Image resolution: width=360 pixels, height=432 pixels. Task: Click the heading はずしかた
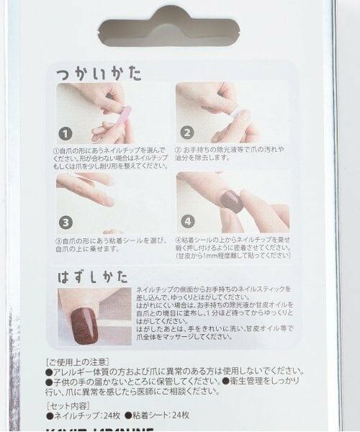pos(96,276)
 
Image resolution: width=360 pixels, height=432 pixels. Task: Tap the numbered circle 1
pos(66,134)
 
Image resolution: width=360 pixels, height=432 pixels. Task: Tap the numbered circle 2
pos(186,132)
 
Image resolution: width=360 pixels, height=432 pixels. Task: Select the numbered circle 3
pos(66,222)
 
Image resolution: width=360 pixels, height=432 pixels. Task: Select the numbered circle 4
pos(186,222)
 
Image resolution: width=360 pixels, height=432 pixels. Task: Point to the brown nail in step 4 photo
pos(232,201)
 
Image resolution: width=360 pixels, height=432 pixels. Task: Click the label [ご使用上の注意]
pos(77,361)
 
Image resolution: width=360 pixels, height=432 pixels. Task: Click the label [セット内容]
pos(71,405)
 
